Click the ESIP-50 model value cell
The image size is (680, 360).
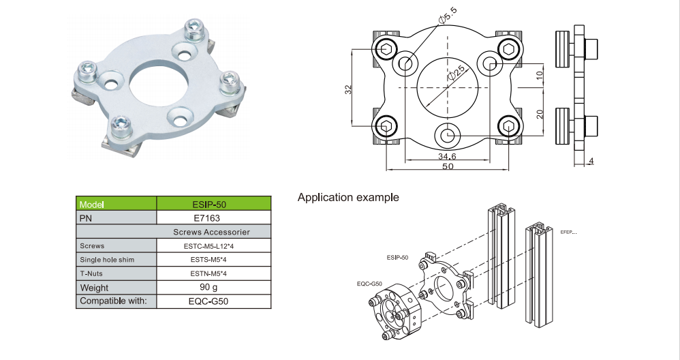coord(214,205)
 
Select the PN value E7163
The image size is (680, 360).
coord(214,218)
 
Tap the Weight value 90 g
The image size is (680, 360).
coord(214,287)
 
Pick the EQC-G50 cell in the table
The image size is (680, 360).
coord(214,301)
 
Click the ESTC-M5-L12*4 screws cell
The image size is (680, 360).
coord(214,245)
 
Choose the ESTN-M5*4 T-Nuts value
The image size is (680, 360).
coord(214,273)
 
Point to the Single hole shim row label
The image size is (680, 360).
coord(107,260)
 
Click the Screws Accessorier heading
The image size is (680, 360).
coord(214,232)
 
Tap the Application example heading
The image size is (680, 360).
coord(348,198)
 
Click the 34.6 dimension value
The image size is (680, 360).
coord(446,157)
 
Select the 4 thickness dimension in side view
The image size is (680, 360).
coord(591,161)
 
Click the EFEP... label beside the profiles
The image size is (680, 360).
coord(568,232)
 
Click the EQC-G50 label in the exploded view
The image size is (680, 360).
coord(369,283)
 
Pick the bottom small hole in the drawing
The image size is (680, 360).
coord(448,135)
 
